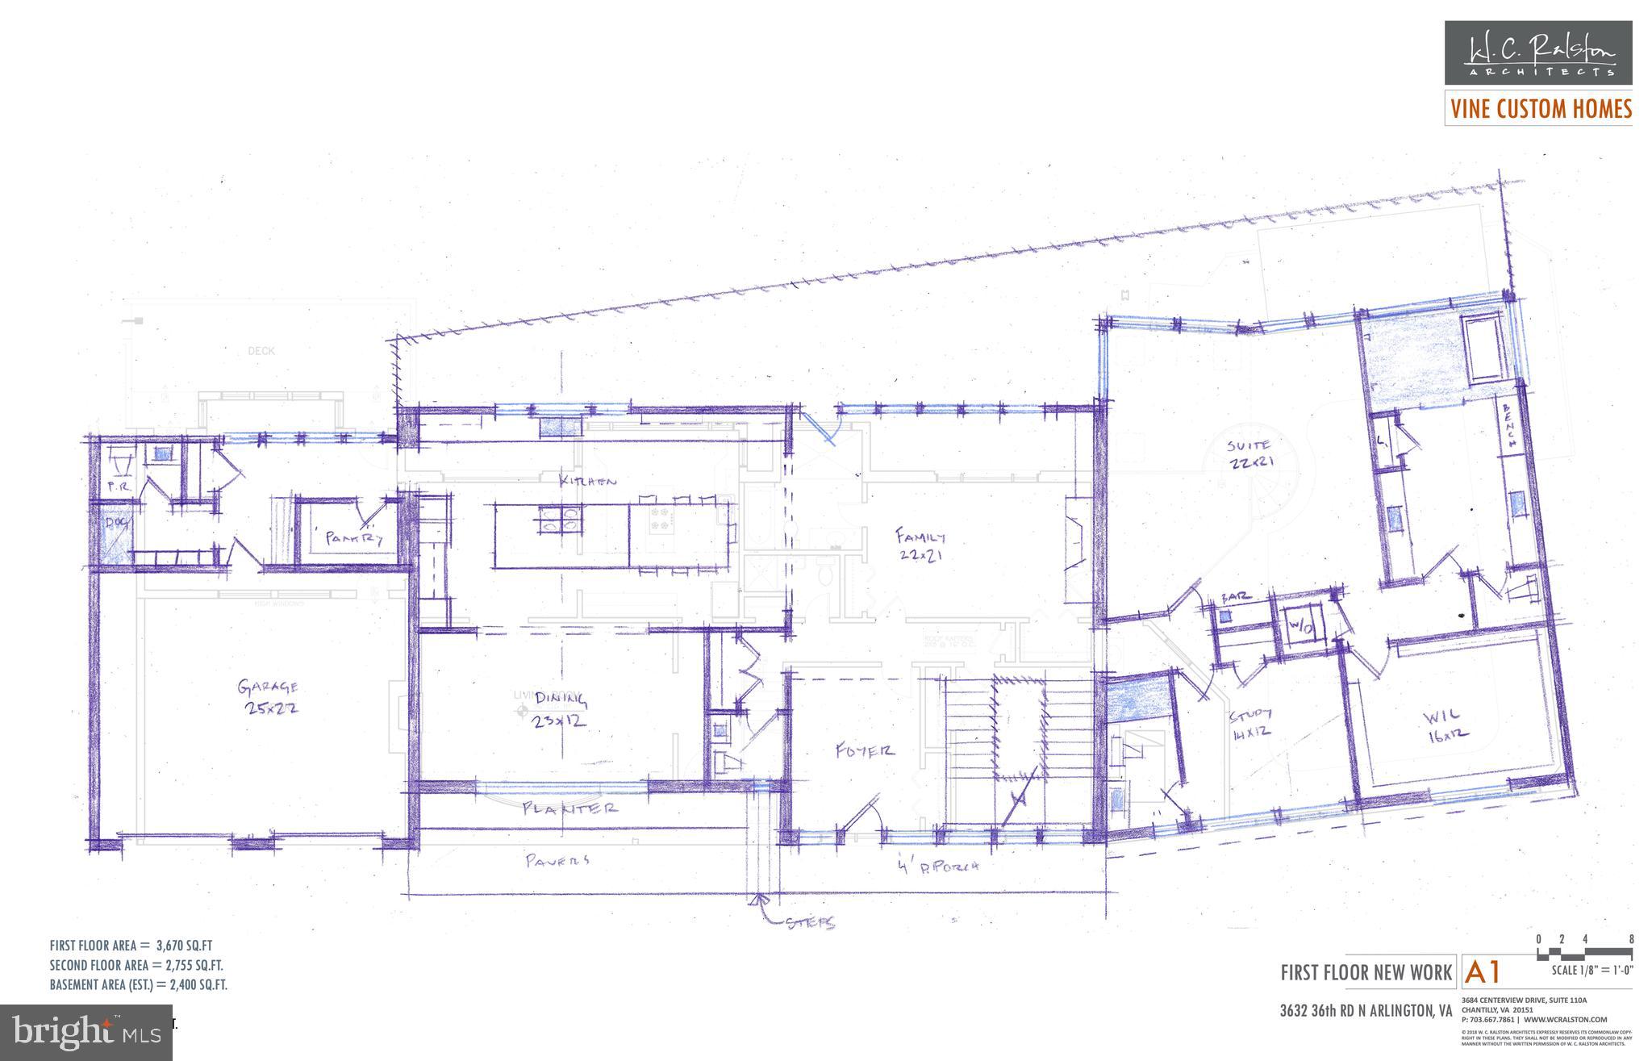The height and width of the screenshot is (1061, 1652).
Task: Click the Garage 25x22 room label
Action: coord(268,696)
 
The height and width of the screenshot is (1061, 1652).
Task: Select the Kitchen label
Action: coord(589,481)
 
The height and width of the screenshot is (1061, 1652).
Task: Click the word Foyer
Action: coord(864,750)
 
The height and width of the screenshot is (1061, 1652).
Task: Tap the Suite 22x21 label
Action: coord(1248,453)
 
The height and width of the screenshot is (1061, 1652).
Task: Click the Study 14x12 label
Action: coord(1250,723)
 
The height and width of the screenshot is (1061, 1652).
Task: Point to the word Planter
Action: coord(569,807)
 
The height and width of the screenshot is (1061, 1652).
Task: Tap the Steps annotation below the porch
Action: coord(810,923)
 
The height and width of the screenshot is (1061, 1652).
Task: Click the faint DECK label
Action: coord(261,351)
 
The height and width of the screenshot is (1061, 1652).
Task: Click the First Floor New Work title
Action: coord(1366,973)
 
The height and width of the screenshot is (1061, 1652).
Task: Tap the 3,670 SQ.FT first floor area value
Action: coord(190,946)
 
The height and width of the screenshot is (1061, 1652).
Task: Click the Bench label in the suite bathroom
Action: coord(1507,425)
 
